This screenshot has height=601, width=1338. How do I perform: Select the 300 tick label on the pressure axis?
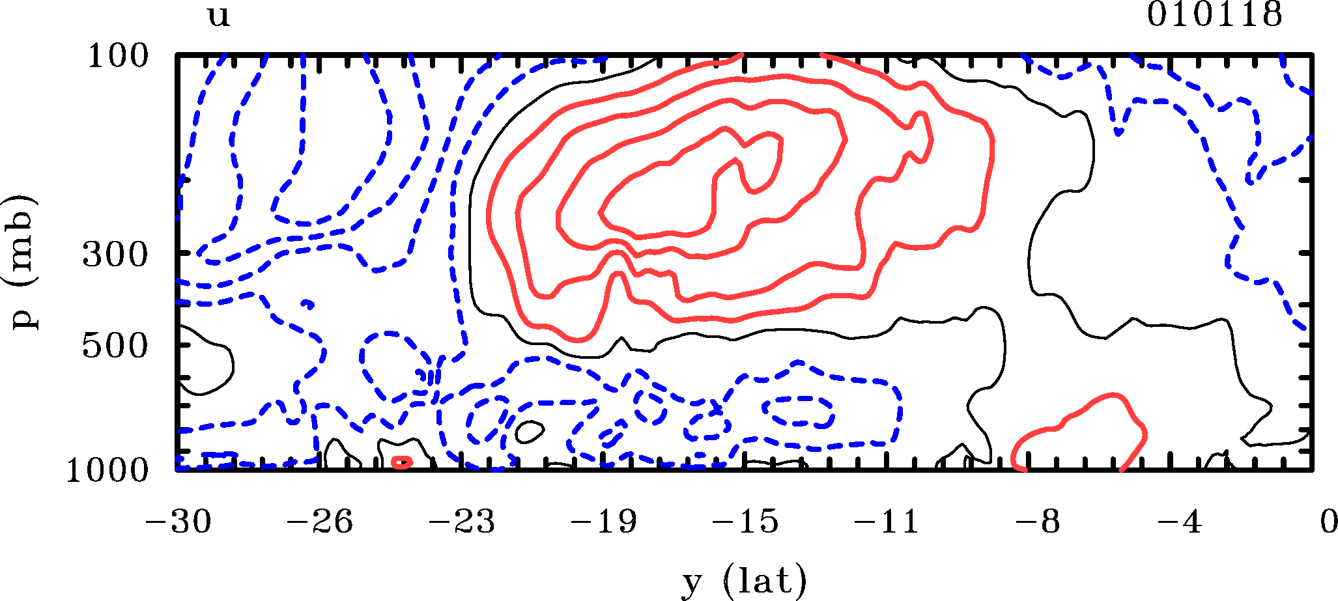coord(116,255)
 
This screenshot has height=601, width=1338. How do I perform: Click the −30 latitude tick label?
coord(178,522)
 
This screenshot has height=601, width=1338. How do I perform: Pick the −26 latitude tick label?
coord(320,522)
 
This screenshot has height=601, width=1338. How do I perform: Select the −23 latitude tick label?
coord(463,522)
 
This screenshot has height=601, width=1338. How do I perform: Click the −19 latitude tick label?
coord(604,522)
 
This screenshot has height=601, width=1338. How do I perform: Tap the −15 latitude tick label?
coord(745,522)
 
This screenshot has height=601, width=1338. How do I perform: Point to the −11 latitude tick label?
coord(887,522)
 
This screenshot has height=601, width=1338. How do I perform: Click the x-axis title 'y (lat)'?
coord(745,581)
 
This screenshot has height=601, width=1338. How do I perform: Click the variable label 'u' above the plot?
coord(219,16)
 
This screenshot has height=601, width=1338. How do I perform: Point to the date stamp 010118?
coord(1215,14)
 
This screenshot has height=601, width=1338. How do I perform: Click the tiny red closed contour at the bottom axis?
coord(402,462)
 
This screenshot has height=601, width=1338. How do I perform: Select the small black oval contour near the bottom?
coord(529,431)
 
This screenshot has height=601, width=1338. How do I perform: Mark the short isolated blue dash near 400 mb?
coord(309,304)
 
